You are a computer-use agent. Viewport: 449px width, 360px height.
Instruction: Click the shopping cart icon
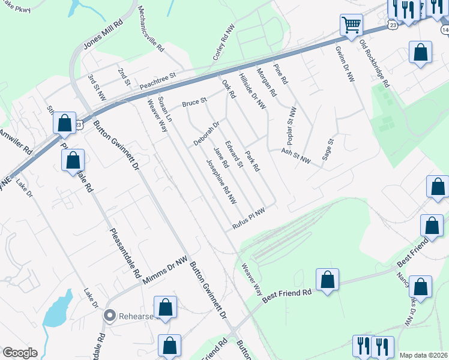[351, 25]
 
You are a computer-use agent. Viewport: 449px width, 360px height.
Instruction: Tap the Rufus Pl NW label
[249, 218]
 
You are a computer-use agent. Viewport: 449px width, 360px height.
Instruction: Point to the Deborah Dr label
[206, 134]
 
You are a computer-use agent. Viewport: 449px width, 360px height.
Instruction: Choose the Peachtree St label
[157, 81]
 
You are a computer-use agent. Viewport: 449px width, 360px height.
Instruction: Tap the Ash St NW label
[296, 157]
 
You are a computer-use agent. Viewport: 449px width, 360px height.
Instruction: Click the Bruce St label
[194, 103]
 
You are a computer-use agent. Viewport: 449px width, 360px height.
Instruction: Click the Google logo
[20, 353]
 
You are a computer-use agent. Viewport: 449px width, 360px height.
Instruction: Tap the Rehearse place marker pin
[109, 314]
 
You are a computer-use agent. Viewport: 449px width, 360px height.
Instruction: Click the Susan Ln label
[164, 107]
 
